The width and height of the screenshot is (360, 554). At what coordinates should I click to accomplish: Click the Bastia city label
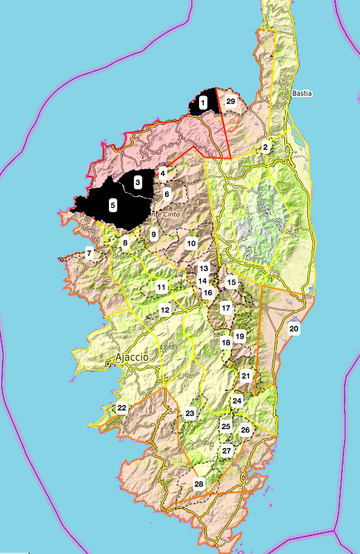click(302, 92)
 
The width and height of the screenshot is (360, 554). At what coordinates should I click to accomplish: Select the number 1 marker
click(203, 103)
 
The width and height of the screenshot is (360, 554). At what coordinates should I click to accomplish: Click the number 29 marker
click(231, 102)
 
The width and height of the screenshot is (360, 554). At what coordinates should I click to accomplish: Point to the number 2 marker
click(266, 147)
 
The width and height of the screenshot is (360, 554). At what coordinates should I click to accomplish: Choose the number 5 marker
click(112, 205)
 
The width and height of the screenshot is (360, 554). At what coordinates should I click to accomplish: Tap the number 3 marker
click(138, 182)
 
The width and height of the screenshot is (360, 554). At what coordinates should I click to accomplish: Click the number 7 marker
click(89, 253)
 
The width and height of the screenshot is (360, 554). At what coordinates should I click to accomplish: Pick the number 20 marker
click(293, 329)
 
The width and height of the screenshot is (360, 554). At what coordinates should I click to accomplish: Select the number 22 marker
click(122, 408)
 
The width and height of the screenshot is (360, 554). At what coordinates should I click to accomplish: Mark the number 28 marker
click(200, 483)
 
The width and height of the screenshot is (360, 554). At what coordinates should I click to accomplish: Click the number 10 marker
click(191, 243)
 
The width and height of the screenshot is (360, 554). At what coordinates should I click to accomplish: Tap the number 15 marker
click(232, 282)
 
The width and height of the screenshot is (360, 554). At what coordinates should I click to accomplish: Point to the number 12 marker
click(165, 310)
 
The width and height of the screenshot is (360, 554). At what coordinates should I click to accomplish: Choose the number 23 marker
click(190, 413)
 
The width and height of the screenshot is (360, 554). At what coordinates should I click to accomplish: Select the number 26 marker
click(245, 430)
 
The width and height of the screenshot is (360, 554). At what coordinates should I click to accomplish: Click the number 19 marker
click(240, 336)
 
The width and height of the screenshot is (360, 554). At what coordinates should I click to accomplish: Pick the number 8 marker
click(126, 243)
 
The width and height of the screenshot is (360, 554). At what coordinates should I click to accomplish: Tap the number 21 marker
click(246, 376)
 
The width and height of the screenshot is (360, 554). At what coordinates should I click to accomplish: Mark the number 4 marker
click(163, 173)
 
